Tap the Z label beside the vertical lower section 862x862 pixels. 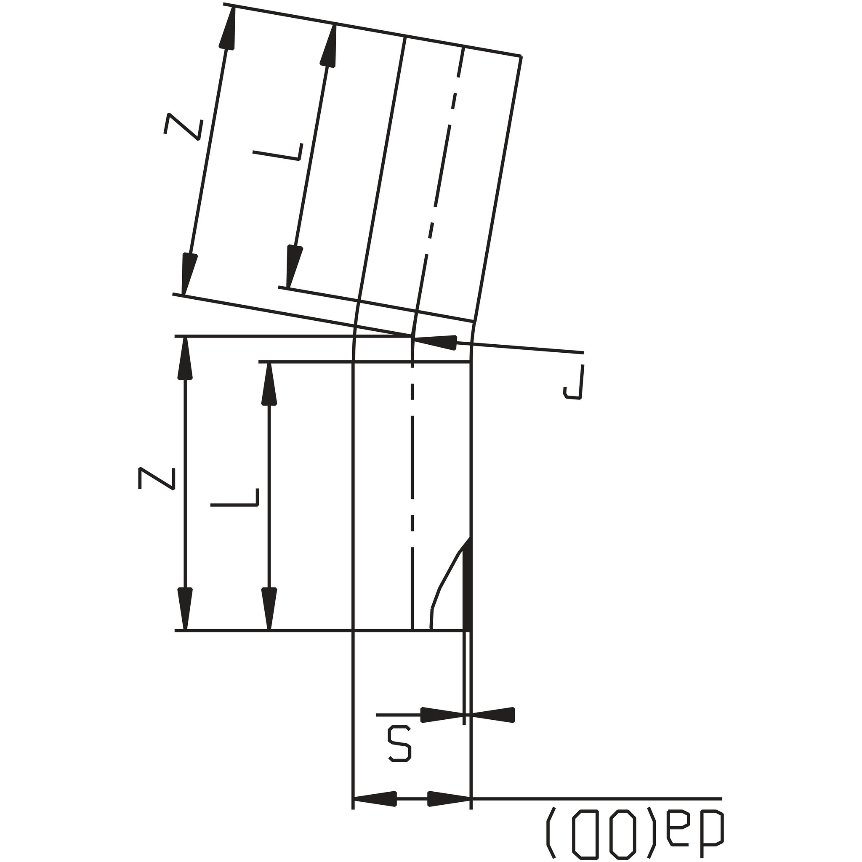pyautogui.click(x=156, y=479)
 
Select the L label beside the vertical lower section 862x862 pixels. pyautogui.click(x=235, y=497)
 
